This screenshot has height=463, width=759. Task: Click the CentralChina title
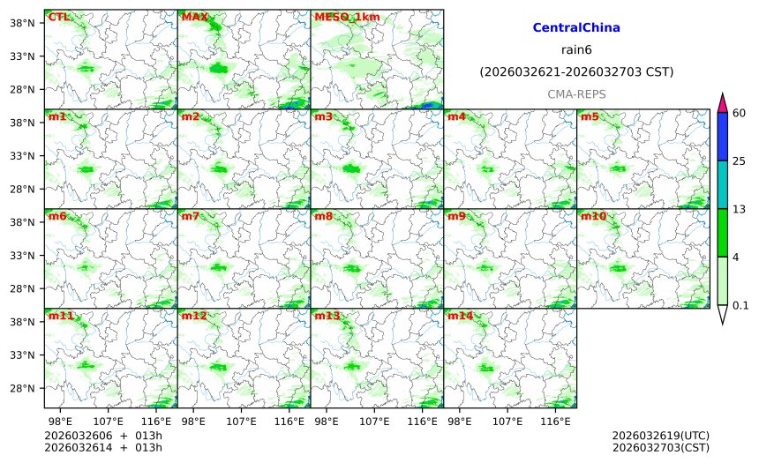(576, 28)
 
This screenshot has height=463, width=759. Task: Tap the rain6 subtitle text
(576, 49)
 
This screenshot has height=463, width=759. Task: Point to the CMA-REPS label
(576, 93)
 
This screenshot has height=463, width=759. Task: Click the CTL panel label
(59, 17)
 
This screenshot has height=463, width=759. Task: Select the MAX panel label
(194, 17)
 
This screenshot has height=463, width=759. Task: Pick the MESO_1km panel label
(344, 17)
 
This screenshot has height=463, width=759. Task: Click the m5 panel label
(590, 116)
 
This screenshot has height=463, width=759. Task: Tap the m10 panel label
(593, 216)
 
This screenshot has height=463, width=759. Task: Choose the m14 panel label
(460, 316)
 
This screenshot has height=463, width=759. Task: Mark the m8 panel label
(324, 216)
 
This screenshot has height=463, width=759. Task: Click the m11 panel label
(61, 316)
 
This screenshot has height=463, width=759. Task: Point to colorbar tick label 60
(740, 113)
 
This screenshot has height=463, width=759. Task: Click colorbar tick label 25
(740, 161)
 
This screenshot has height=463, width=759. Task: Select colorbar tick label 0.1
(740, 306)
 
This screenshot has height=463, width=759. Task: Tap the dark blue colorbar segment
(722, 137)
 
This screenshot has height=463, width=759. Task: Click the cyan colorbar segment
(722, 184)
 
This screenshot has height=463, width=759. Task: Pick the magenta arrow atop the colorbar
(722, 102)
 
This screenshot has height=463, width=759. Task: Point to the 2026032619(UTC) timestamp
(660, 436)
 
